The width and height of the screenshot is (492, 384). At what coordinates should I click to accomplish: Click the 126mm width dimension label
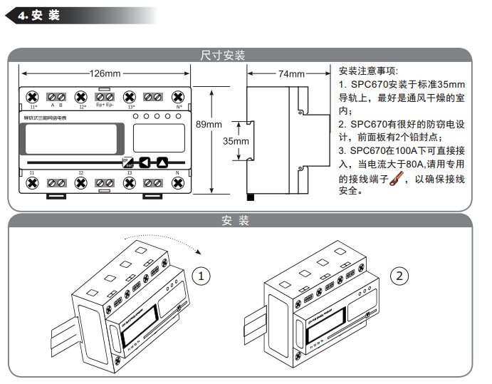click(105, 73)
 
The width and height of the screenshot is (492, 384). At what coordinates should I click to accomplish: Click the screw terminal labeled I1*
click(32, 97)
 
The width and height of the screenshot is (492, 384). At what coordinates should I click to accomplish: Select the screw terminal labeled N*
click(178, 97)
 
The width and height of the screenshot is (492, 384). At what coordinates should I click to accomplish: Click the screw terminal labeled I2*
click(81, 97)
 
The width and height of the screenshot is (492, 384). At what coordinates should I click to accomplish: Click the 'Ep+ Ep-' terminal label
click(105, 106)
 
